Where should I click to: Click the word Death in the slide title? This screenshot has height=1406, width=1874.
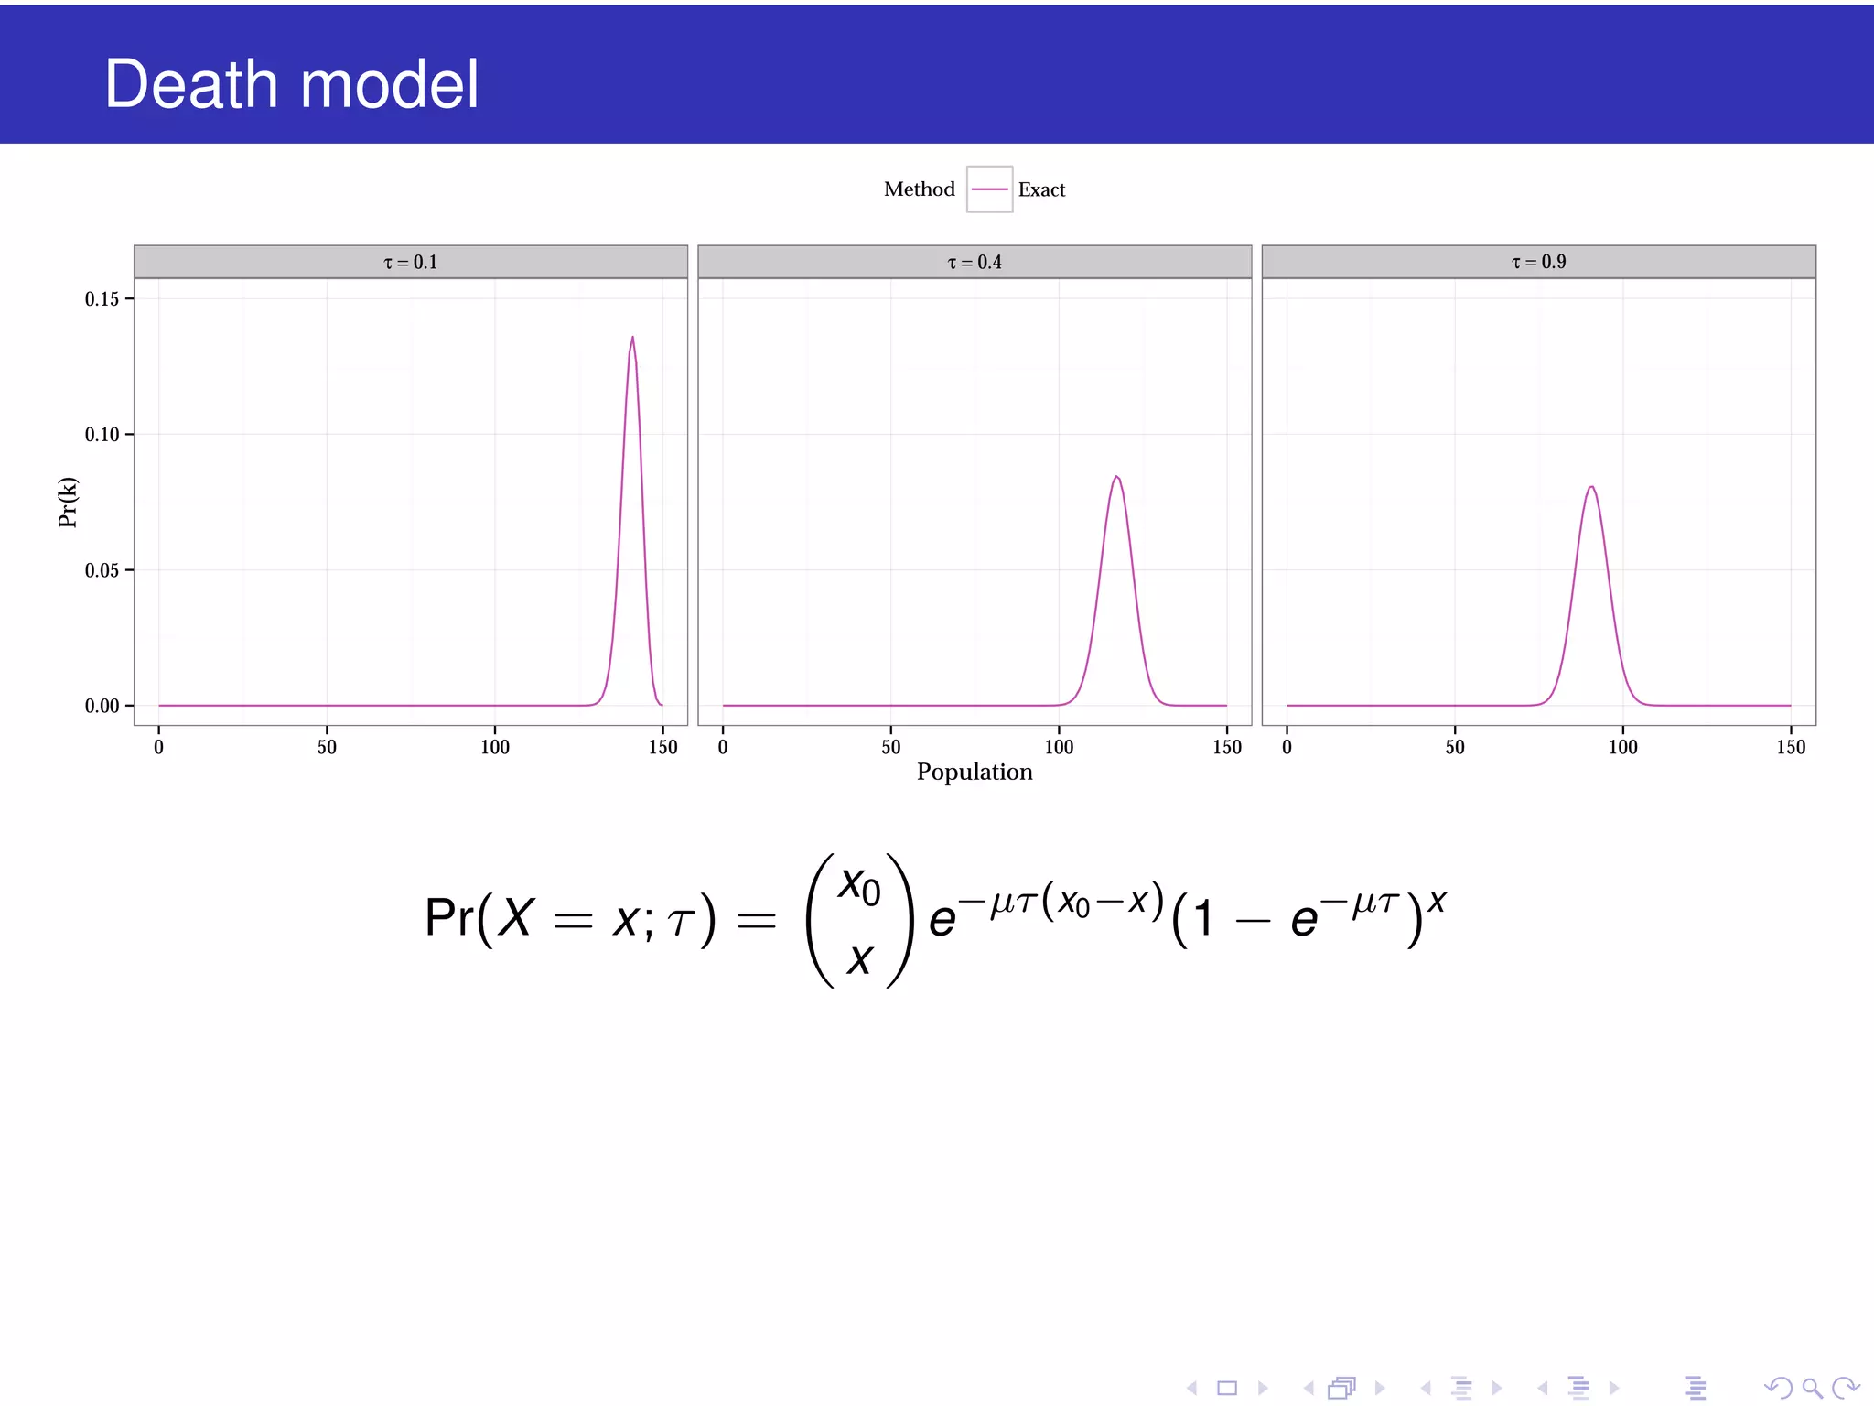(191, 84)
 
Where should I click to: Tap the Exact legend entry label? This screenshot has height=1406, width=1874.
(1041, 189)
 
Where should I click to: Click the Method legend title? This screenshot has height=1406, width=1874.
(919, 189)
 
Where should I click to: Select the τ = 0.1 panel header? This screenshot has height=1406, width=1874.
(410, 263)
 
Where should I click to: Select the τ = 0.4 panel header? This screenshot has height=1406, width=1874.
(975, 263)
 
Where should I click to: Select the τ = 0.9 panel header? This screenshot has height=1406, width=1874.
(1538, 263)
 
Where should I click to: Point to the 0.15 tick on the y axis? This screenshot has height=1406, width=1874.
(102, 299)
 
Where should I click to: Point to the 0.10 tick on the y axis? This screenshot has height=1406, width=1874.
(102, 435)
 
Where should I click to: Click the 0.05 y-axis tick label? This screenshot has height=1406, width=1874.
(102, 571)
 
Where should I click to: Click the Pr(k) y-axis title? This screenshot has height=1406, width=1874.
(68, 503)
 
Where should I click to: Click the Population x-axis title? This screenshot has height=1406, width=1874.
(975, 773)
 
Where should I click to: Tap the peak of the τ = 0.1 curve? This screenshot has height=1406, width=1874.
(632, 338)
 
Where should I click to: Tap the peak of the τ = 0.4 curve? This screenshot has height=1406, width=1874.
(1116, 477)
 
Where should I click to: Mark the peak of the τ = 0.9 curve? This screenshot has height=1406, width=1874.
(1592, 487)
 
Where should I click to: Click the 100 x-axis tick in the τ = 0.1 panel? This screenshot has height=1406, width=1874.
(495, 747)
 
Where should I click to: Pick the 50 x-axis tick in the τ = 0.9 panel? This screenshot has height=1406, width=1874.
(1455, 747)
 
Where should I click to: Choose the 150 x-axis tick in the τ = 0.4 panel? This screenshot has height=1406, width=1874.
(1227, 747)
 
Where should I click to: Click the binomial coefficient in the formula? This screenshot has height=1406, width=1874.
(859, 921)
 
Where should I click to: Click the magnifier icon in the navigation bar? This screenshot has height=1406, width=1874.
(1812, 1388)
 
